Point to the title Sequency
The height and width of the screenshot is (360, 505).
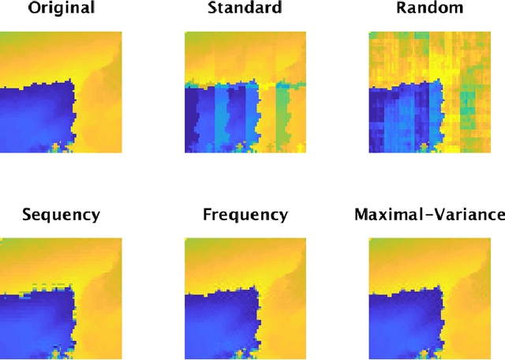(61, 215)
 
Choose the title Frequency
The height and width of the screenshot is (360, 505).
(245, 215)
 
